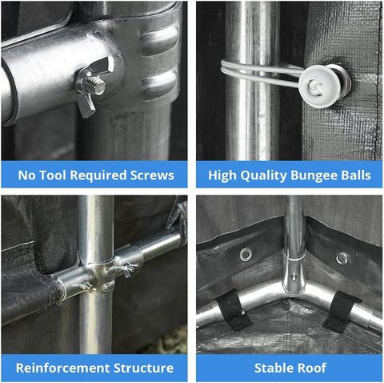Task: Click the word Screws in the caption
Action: pos(152,175)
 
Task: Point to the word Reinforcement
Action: pos(63,368)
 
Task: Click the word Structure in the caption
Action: pos(144,368)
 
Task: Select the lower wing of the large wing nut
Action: pos(86,105)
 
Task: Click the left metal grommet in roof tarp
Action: pos(246,255)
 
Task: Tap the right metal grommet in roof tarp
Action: pos(342,258)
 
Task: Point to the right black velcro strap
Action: pos(342,312)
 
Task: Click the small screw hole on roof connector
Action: pos(294,277)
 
